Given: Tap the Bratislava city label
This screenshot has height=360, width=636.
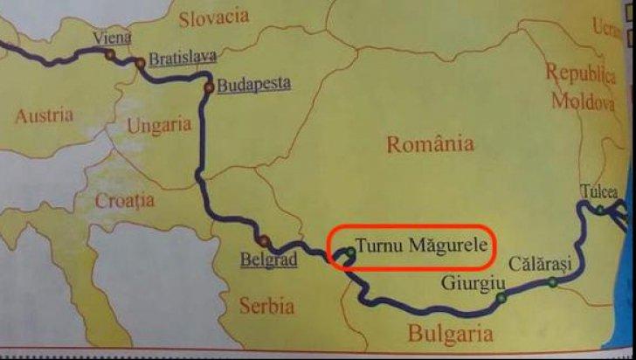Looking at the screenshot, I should [182, 59].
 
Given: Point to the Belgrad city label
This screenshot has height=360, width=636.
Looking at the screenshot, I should [269, 260].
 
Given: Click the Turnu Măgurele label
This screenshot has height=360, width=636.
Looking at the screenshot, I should [421, 247].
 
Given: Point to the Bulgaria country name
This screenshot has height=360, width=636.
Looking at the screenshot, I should [450, 333].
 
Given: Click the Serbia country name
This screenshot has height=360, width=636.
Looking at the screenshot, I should [266, 306].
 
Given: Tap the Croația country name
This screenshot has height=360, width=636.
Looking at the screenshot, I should [125, 200].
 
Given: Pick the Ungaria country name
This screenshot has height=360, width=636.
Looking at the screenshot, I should [159, 125].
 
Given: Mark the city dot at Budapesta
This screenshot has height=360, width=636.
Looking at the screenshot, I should [208, 87].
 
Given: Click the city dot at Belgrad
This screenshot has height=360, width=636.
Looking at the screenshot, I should [263, 241].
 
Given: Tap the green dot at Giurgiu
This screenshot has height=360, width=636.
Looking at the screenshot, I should [501, 298].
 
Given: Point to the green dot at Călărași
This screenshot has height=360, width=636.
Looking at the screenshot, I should [552, 281].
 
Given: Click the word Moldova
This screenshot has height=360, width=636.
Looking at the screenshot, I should [582, 100].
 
